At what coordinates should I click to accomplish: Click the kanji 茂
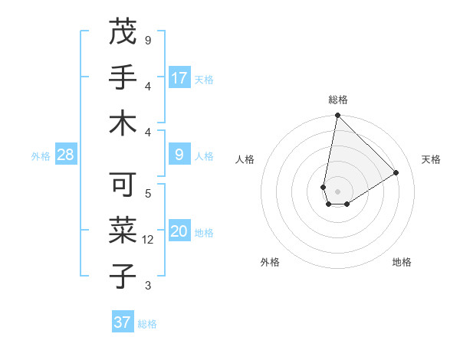point(123,32)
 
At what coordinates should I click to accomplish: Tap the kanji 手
point(123,77)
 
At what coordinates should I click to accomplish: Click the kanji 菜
point(123,231)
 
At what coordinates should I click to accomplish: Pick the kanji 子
point(123,276)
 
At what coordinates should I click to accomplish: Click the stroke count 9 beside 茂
point(148,40)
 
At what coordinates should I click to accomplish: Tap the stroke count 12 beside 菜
point(149,240)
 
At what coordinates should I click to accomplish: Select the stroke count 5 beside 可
point(148,194)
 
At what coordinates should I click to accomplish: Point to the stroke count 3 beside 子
point(148,286)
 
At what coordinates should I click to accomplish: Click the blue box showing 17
point(179,78)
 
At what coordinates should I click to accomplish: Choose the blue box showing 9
point(179,155)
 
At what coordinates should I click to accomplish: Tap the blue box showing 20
point(179,232)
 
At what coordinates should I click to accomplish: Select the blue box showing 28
point(65,155)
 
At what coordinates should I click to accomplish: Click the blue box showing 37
point(123,322)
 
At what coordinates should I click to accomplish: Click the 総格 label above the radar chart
point(337,100)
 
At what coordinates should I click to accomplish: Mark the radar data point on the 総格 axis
point(337,116)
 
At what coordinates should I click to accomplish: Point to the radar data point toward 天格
point(396,172)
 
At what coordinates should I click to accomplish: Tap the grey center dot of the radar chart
point(337,190)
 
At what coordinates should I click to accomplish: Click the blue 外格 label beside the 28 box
point(41,156)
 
